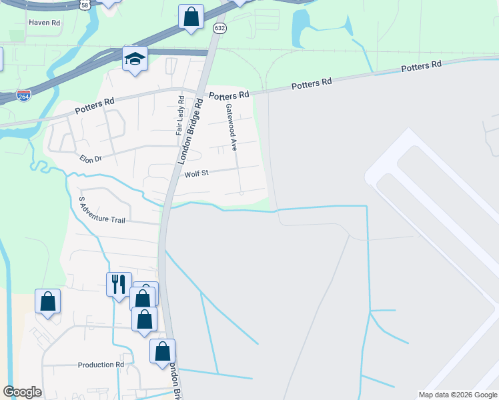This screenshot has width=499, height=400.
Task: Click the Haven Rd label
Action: coord(44,22)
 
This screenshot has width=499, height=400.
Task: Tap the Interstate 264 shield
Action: coord(23,96)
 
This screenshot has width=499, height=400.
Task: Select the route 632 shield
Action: coord(219,29)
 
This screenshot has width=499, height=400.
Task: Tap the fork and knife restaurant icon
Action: coord(119,284)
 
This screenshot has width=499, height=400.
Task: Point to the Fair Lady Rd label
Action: coord(179,116)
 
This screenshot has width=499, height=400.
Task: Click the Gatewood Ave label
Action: coord(231,127)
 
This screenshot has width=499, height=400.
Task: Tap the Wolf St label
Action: coord(197,173)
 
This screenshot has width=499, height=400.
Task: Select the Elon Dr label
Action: coord(90,159)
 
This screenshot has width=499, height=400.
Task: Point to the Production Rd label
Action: coord(101,365)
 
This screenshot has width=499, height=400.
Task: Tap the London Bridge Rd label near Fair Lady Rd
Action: coord(190,132)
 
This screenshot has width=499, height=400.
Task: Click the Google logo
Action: coord(22,391)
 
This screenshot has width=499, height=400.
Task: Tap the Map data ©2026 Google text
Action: coord(457,394)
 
